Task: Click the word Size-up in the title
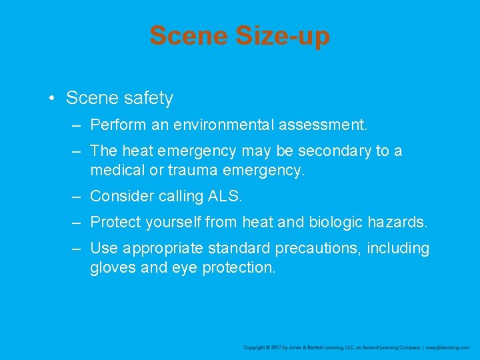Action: point(282,35)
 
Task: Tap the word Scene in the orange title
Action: point(189,35)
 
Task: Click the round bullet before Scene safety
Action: point(51,99)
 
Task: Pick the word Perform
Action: point(116,125)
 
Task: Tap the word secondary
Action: point(335,151)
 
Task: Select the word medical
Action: point(116,170)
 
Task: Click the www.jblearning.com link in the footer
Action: point(447,347)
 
